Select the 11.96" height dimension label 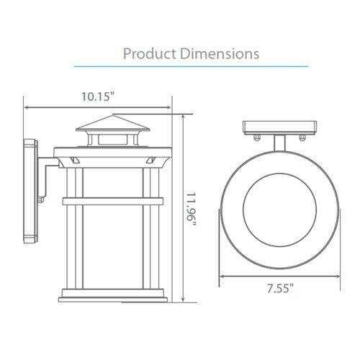click(192, 209)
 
